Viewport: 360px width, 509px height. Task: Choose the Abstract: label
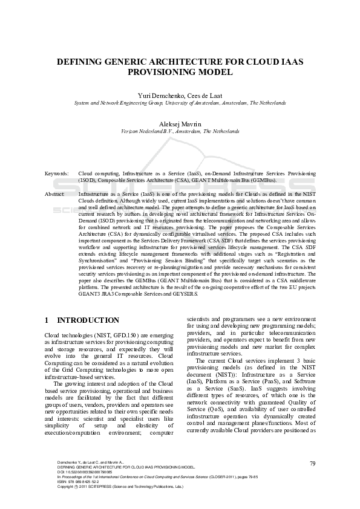tap(55, 194)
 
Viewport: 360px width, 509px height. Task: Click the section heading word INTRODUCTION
tap(88, 320)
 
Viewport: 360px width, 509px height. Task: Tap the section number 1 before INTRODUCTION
tap(47, 320)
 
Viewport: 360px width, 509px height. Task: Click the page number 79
tap(313, 463)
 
